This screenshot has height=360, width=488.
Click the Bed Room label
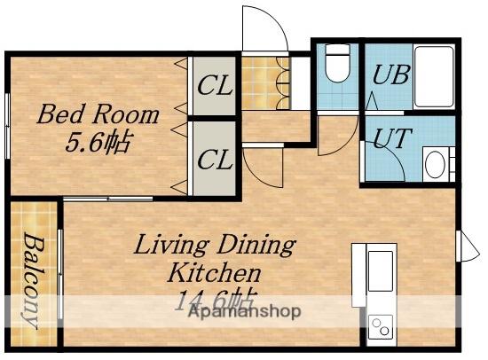98,114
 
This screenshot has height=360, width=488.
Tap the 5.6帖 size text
97,143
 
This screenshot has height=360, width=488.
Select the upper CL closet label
215,85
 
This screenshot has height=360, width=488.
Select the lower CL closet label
215,160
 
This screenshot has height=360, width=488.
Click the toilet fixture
338,63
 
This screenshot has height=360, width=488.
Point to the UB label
390,74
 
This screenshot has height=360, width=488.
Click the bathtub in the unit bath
434,76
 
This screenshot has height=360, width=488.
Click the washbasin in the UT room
435,164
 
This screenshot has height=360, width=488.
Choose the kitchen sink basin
380,270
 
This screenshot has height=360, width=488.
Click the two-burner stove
381,326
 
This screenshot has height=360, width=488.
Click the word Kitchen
214,272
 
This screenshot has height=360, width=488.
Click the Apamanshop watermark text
245,311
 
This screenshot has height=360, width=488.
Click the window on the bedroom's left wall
7,126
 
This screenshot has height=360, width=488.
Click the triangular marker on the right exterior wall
468,247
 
